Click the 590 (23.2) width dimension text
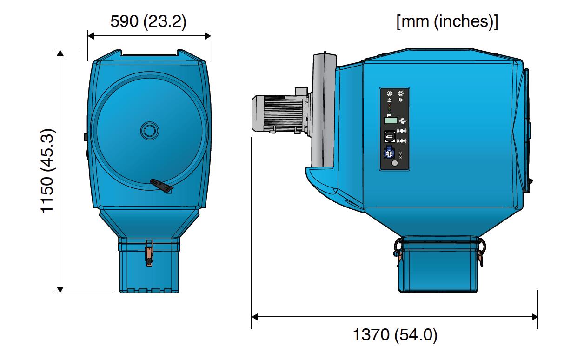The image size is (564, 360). (x=148, y=21)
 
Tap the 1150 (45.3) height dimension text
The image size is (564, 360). (x=47, y=171)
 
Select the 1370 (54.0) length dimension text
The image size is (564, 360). (x=395, y=335)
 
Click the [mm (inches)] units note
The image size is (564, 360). (x=447, y=22)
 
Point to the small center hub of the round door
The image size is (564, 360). (x=150, y=131)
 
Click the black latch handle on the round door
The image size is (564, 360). (x=161, y=186)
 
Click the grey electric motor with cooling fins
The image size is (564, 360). (x=279, y=113)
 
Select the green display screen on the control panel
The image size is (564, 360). (x=391, y=120)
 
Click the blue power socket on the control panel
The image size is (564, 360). (x=389, y=152)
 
